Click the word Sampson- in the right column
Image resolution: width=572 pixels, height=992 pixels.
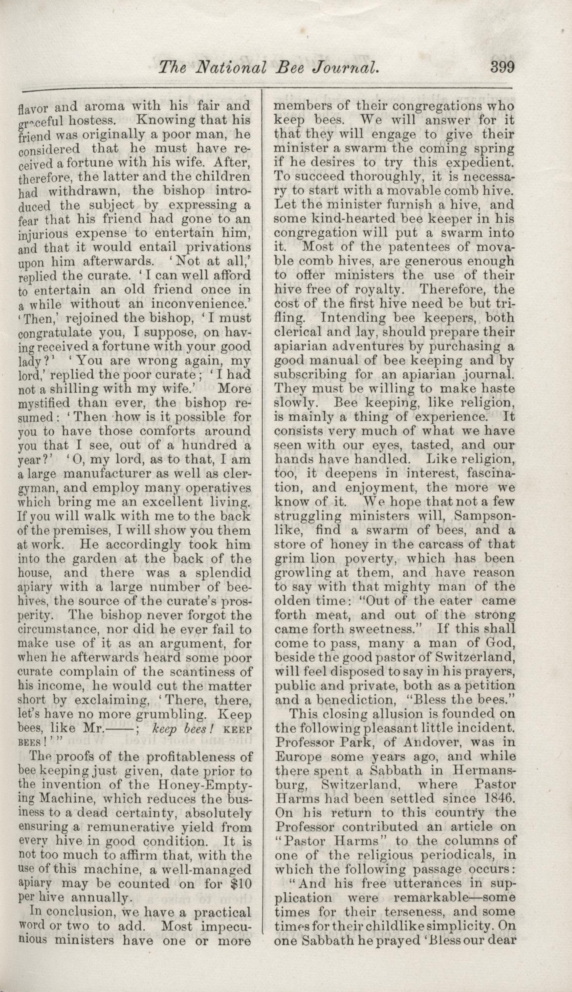pyautogui.click(x=484, y=516)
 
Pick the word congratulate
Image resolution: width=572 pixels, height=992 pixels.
pyautogui.click(x=52, y=333)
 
